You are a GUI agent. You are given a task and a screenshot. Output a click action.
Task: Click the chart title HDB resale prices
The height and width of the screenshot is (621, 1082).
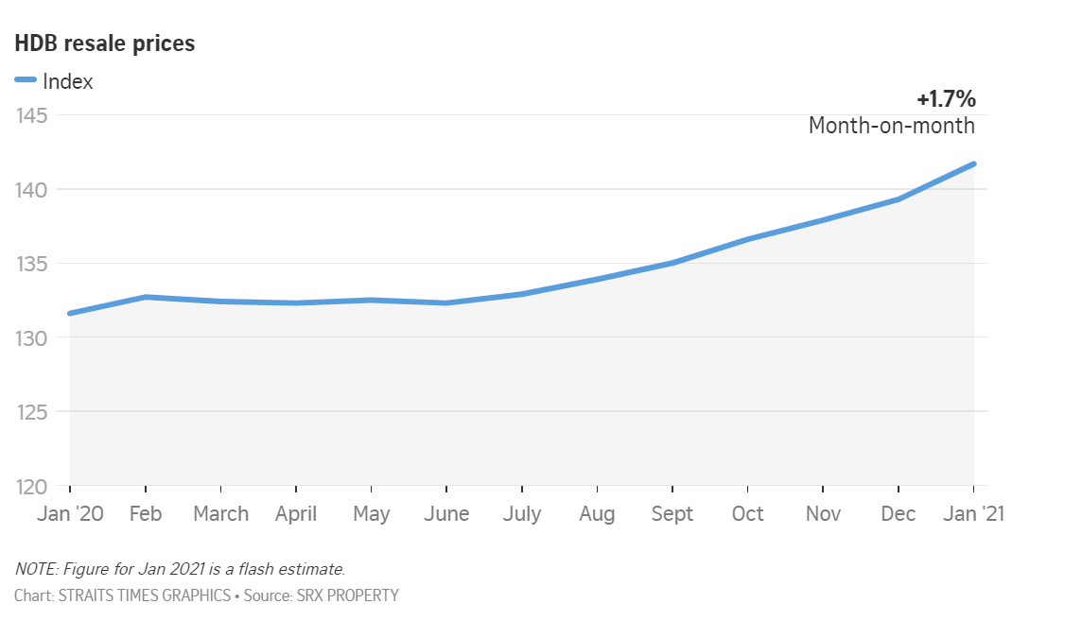coord(104,43)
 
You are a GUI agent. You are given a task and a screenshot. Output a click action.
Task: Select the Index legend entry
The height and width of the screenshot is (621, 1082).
coord(67,81)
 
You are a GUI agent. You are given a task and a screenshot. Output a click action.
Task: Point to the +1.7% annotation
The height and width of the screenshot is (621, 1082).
coord(946,99)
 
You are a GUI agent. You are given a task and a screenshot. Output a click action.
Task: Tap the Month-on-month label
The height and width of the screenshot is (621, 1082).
coord(891,125)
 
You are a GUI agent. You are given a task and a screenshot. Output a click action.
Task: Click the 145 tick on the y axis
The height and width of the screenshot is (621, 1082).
coord(33,115)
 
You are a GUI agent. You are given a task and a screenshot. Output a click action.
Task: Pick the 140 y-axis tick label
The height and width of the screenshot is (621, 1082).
coord(33,190)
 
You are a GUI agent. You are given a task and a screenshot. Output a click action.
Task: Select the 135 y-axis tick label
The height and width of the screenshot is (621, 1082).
coord(33,264)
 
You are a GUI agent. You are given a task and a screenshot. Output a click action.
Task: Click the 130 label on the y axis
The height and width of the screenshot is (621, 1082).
coord(33,337)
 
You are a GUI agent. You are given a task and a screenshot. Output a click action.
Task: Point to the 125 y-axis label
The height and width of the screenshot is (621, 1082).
coord(33,412)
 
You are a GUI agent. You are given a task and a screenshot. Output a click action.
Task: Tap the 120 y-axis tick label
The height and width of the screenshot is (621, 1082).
coord(33,486)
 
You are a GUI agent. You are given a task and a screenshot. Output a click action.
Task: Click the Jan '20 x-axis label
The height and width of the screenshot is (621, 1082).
coord(70,513)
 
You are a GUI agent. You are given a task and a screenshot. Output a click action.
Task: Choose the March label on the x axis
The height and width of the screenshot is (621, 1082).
coord(220,513)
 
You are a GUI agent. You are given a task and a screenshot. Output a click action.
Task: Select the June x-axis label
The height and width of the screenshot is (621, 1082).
coord(446,513)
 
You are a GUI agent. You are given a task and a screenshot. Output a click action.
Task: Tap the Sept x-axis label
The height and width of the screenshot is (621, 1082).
coord(672,513)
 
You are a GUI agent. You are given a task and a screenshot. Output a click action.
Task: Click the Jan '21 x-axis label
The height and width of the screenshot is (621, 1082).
coord(973,513)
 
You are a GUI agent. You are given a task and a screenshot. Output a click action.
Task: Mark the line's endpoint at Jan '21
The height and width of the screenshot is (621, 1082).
coord(973,164)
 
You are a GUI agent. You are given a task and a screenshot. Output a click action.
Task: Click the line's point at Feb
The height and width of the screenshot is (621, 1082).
coord(145,297)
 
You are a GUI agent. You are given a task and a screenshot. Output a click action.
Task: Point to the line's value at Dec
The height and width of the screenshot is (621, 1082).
coord(898,199)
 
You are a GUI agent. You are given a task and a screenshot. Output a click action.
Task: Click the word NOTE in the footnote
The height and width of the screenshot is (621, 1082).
coord(34,569)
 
